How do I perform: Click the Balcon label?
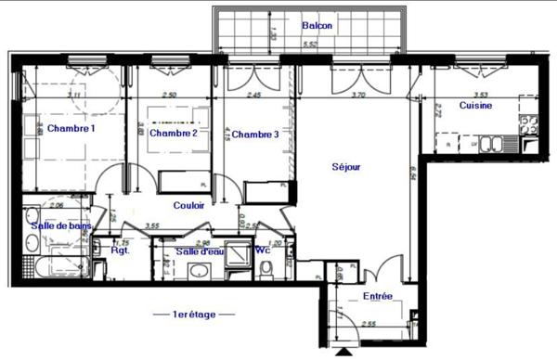click(317, 26)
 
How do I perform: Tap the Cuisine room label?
click(475, 106)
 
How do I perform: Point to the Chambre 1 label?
click(71, 129)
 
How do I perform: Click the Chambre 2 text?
click(175, 134)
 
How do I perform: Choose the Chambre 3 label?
click(255, 135)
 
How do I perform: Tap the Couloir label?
click(189, 205)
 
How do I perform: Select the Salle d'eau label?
click(200, 251)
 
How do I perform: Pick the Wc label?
click(263, 250)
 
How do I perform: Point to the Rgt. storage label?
click(119, 251)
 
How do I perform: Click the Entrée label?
click(378, 297)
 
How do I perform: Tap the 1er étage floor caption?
click(194, 315)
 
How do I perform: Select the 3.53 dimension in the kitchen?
click(481, 94)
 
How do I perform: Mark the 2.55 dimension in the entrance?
click(369, 324)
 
